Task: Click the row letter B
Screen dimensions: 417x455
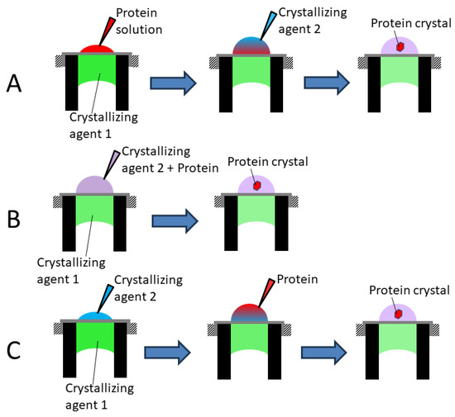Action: [15, 220]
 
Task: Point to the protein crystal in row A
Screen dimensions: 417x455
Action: [399, 48]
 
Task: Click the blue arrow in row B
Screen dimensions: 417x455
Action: [175, 221]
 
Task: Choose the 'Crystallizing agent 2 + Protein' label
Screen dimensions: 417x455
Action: [165, 163]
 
